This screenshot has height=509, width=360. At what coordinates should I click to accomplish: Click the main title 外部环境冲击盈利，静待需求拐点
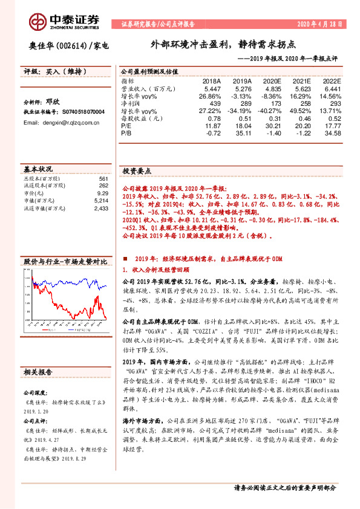pos(223,45)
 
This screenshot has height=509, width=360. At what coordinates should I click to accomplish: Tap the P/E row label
pos(126,126)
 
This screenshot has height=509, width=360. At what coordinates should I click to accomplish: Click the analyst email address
pos(61,122)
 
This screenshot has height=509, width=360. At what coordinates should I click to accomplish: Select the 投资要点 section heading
pos(137,171)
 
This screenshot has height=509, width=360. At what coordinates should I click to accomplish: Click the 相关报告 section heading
pos(39,372)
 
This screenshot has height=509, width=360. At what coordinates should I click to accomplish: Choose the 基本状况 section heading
pos(38,168)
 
